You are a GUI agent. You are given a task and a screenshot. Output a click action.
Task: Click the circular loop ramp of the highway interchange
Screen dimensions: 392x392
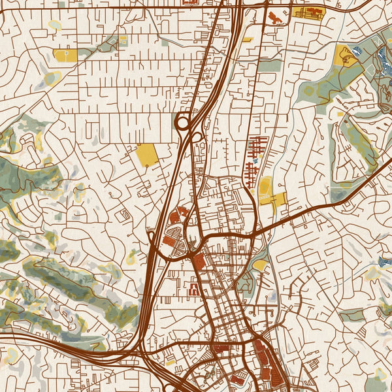tap(182, 121)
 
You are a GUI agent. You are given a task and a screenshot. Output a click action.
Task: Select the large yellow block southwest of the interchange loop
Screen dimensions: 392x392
tap(147, 155)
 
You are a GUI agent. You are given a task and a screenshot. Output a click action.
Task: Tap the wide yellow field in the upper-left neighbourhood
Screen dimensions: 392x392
tap(64, 56)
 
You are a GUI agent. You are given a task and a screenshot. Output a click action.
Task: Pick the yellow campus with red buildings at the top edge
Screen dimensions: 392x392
tap(308, 12)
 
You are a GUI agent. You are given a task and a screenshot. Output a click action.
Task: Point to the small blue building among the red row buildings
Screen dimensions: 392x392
tap(255, 161)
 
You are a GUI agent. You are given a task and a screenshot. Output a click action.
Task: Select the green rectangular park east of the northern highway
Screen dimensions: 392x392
tap(269, 65)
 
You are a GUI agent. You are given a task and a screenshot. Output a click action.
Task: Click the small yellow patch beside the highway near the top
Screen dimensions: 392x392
tap(247, 40)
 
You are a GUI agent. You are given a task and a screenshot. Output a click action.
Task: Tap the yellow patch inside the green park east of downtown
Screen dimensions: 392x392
tap(259, 265)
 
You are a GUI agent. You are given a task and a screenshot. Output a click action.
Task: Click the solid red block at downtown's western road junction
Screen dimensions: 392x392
tap(198, 262)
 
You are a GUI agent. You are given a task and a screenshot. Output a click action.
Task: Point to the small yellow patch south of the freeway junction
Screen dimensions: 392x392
tap(171, 361)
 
